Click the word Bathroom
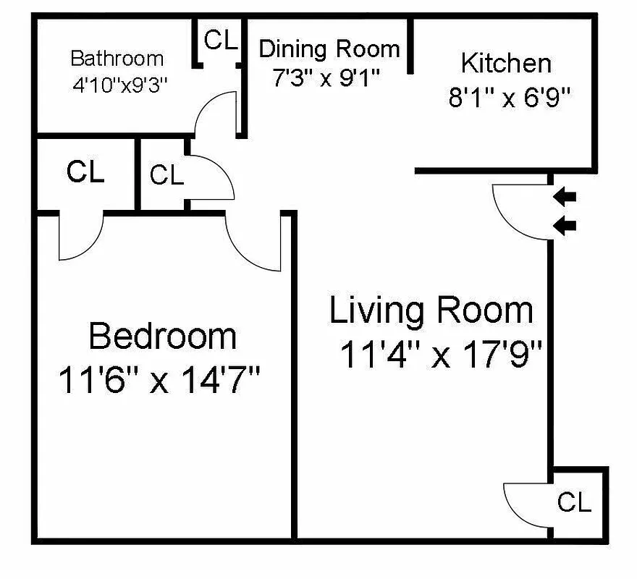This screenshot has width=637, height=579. click(117, 58)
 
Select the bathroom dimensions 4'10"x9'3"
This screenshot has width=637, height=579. click(119, 83)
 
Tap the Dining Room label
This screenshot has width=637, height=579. click(329, 49)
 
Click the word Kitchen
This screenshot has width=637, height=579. click(506, 63)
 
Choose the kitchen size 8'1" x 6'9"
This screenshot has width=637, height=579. click(510, 98)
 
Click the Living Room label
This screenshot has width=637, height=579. click(431, 310)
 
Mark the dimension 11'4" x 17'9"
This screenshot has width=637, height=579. click(441, 355)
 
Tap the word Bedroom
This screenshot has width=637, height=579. click(162, 337)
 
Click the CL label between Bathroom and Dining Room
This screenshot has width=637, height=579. click(221, 41)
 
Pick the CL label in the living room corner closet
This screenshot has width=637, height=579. click(574, 502)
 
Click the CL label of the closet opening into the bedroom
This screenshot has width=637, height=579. click(85, 172)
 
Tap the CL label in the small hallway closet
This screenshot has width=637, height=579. click(166, 175)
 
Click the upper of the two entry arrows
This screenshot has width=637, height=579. click(565, 196)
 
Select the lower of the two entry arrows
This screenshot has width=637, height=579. click(565, 227)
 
